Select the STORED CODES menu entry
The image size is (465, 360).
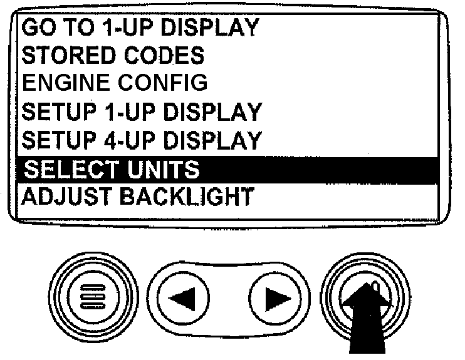113,55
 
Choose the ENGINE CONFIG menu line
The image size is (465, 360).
114,83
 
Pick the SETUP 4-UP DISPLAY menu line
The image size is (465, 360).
142,140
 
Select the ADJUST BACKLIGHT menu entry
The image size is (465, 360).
138,196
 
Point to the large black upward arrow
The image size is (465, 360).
364,319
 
